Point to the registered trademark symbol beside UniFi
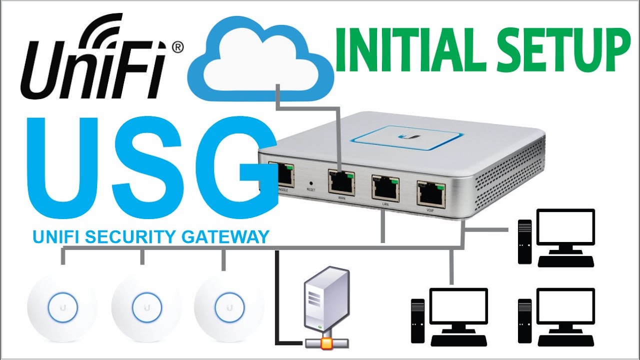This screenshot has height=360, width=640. [x=177, y=47]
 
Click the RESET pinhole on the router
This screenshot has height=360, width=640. [x=311, y=183]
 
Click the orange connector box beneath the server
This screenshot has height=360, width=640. [x=325, y=342]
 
